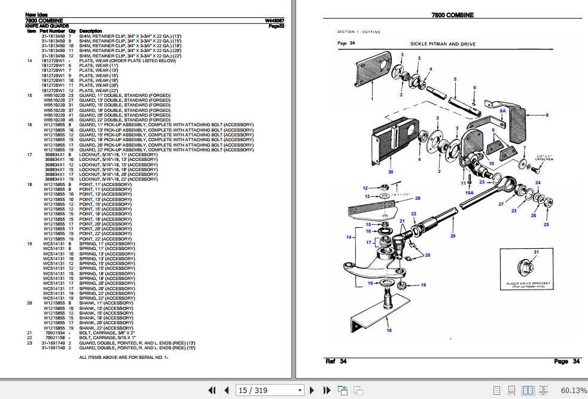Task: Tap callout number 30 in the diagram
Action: pos(391,172)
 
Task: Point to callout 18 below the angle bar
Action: pos(389,330)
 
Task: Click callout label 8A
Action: pos(503,111)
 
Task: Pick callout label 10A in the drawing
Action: pos(470,193)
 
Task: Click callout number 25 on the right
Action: pos(546,224)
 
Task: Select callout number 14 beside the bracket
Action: pos(349,237)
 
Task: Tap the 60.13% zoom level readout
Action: pos(574,390)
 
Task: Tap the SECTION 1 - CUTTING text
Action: pos(359,32)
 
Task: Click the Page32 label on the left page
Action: pos(276,26)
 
